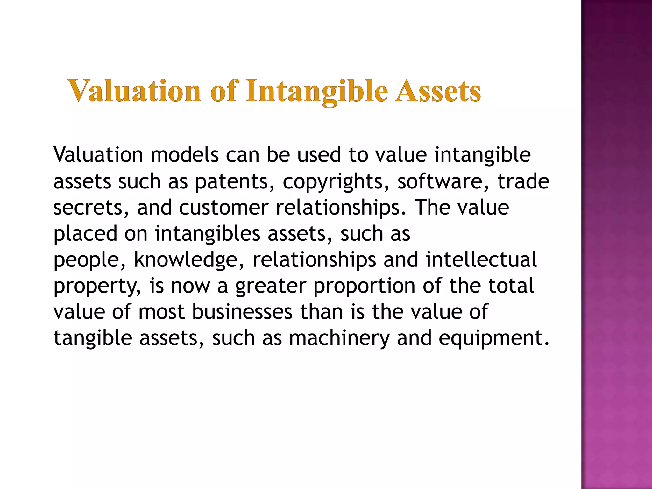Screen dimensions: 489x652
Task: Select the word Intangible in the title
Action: coord(317,92)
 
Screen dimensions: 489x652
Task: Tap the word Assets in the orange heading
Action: coord(438,91)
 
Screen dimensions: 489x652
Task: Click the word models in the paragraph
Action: coord(185,155)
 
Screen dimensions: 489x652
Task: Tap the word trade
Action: coord(523,181)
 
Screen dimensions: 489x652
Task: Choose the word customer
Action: coord(224,208)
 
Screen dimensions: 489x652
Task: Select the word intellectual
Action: coord(481,259)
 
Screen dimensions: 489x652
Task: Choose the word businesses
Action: coord(242,312)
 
